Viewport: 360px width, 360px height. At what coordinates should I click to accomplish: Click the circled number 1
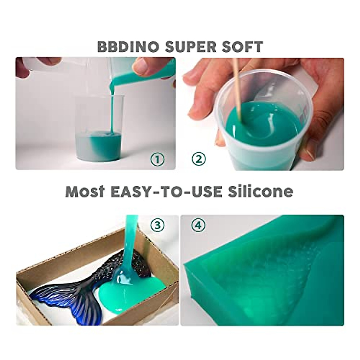pos(157,159)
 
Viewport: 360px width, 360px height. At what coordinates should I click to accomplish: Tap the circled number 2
pos(199,159)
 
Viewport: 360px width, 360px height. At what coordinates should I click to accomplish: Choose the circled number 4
pos(199,226)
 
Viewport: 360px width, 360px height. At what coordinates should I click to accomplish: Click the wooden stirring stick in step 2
pos(238,96)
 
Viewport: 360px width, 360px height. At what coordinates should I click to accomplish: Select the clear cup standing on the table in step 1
pos(99,129)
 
